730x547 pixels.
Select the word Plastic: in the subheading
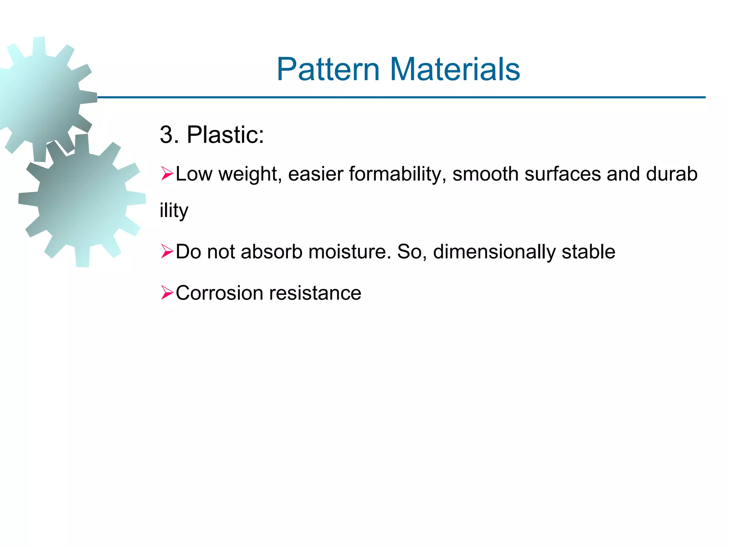[x=225, y=135]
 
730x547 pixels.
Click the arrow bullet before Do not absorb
[x=167, y=251]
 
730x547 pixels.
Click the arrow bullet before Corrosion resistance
[x=167, y=293]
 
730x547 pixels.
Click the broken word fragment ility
[x=174, y=211]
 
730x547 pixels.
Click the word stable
[x=588, y=251]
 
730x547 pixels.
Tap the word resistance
[x=315, y=293]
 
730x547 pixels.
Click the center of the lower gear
[x=82, y=200]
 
